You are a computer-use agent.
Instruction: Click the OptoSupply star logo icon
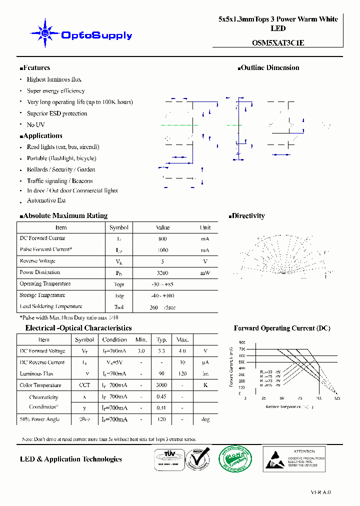45,33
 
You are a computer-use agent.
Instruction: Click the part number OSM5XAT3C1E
278,43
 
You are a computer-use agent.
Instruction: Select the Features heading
35,67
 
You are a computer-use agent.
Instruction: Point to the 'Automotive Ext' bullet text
46,200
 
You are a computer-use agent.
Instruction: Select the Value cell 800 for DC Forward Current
162,239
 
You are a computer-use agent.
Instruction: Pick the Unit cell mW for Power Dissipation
205,273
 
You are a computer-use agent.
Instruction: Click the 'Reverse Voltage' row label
37,261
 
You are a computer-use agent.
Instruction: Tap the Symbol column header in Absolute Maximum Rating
119,227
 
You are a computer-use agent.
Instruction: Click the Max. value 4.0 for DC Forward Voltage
182,351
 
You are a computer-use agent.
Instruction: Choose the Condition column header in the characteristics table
114,340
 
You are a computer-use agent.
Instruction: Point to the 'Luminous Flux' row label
36,373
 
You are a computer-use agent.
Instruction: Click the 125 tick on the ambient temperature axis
337,398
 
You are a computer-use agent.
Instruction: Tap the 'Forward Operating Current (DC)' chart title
282,328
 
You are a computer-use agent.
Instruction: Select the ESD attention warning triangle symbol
275,459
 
